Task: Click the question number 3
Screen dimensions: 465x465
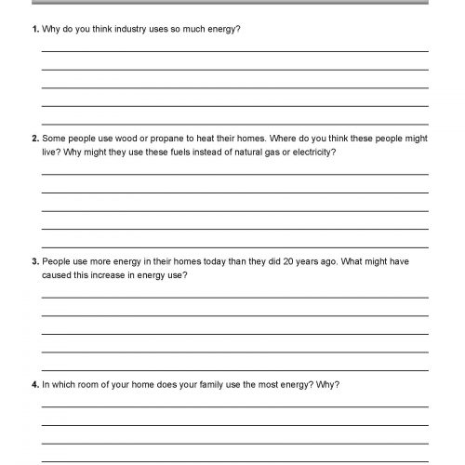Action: click(x=34, y=263)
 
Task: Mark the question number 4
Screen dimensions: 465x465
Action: click(x=34, y=383)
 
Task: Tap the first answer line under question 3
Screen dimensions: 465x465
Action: click(x=234, y=297)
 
